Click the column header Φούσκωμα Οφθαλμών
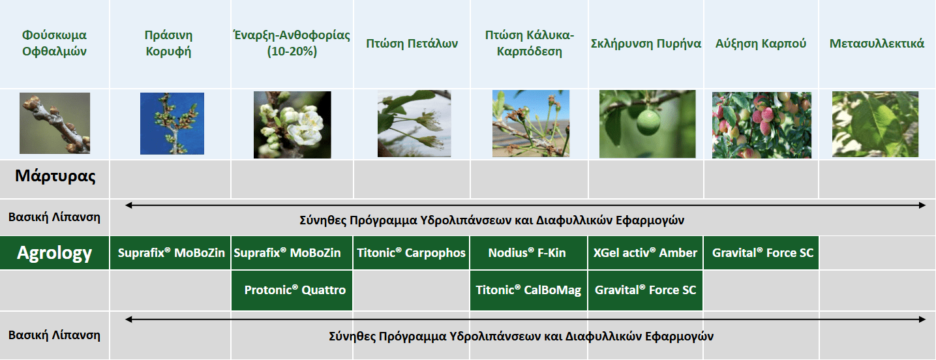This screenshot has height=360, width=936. point(54,43)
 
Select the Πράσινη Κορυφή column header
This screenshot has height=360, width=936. point(169,43)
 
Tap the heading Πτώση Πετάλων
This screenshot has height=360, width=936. point(412,44)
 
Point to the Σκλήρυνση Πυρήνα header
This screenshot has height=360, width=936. point(646,44)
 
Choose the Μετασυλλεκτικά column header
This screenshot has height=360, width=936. point(877,44)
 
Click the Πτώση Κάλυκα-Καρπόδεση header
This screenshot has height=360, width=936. point(529,43)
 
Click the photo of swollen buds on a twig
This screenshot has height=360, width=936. point(55,123)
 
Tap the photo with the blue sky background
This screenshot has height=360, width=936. point(172,123)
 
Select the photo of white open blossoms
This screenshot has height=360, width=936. point(292,125)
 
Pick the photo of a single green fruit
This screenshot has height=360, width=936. point(647,124)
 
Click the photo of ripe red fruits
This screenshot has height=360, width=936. point(761,125)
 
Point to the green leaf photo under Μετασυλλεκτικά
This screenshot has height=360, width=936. point(875,124)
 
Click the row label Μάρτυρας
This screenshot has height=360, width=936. point(55,176)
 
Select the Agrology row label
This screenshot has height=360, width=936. point(55,253)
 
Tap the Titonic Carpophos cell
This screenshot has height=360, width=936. point(412,253)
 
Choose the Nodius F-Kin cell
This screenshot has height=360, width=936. point(529,253)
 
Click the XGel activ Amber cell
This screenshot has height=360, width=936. point(646,253)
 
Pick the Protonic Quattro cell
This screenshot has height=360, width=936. point(292,290)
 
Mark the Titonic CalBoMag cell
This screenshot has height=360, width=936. point(529,290)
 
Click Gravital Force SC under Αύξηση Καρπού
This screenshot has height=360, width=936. point(761,253)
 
